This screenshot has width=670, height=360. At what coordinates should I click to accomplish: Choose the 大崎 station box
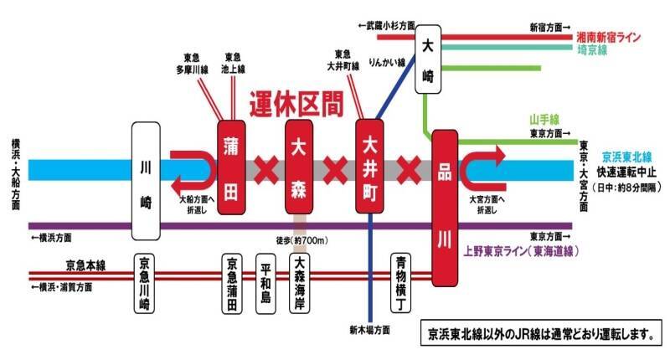428,59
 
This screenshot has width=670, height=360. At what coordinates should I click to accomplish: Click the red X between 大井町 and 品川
409,170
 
